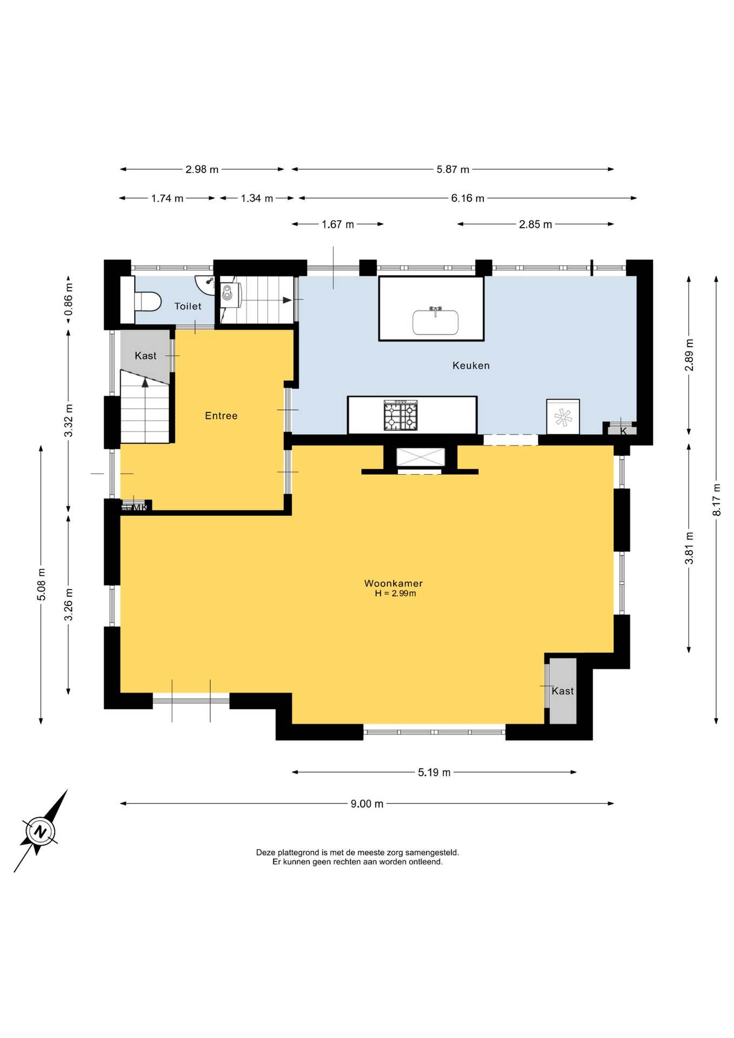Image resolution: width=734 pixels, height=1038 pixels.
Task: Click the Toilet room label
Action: tap(188, 306)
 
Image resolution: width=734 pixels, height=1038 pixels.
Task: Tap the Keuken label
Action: tap(471, 365)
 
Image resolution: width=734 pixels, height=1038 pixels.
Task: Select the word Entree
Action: tap(221, 416)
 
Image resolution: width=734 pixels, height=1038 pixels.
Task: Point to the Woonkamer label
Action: tap(393, 583)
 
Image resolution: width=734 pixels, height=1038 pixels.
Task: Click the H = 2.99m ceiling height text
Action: tap(395, 594)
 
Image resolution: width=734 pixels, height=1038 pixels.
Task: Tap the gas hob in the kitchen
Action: tap(401, 415)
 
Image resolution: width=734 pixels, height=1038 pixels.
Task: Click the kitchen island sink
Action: tap(435, 322)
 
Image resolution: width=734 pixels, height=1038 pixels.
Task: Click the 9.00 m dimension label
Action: tap(366, 804)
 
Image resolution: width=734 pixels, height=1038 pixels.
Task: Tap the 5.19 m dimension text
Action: tap(434, 773)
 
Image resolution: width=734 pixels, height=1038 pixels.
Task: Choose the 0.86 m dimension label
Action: tap(69, 299)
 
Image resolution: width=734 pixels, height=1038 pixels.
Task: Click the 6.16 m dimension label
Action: tap(468, 198)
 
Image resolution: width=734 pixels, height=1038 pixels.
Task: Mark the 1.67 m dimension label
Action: tap(338, 224)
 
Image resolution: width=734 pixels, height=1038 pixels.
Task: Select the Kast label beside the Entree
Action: tap(145, 356)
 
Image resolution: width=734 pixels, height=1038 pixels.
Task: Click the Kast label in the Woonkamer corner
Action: tap(563, 691)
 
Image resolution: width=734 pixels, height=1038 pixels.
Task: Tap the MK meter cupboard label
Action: tap(139, 508)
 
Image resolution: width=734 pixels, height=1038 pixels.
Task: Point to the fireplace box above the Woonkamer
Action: tap(421, 457)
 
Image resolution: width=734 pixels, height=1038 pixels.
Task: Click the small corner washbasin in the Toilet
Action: tap(205, 284)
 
